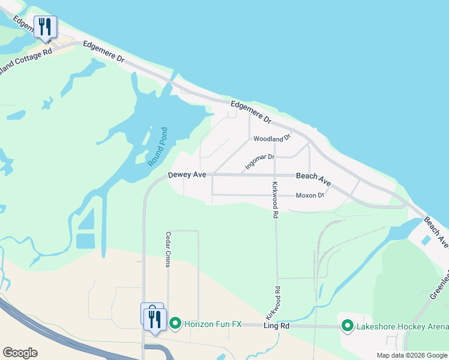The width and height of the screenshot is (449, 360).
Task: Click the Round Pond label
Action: click(x=157, y=147)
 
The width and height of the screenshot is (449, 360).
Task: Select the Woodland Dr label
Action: click(x=272, y=139)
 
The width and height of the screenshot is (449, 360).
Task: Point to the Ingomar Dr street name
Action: click(x=260, y=161)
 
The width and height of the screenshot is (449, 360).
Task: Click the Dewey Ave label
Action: click(x=187, y=175)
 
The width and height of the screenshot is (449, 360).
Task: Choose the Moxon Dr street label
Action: click(x=310, y=196)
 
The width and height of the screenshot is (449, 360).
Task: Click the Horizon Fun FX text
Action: click(x=212, y=324)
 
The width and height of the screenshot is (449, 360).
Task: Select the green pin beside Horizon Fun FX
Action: click(x=175, y=324)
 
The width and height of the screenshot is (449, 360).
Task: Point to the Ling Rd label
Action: click(x=277, y=325)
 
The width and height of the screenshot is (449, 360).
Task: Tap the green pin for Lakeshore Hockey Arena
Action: click(x=347, y=326)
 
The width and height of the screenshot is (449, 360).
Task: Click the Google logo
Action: click(x=20, y=353)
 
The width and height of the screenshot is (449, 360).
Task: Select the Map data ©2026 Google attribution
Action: click(x=412, y=355)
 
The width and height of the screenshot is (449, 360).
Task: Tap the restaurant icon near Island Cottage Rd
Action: click(x=46, y=27)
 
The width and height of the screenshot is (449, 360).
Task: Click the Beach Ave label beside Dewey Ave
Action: click(x=314, y=178)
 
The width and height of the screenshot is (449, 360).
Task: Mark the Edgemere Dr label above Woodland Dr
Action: click(x=251, y=112)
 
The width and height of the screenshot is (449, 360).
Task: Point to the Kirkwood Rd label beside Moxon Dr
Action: click(x=276, y=199)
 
